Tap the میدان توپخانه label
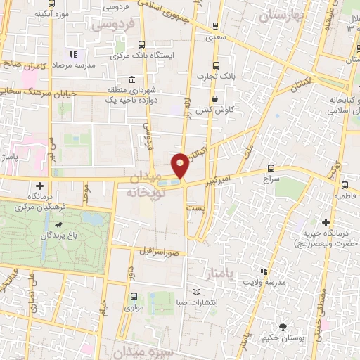coord(146,184)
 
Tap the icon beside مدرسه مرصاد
coord(73,53)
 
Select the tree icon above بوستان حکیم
coord(283,327)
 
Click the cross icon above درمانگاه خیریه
coord(326,222)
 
